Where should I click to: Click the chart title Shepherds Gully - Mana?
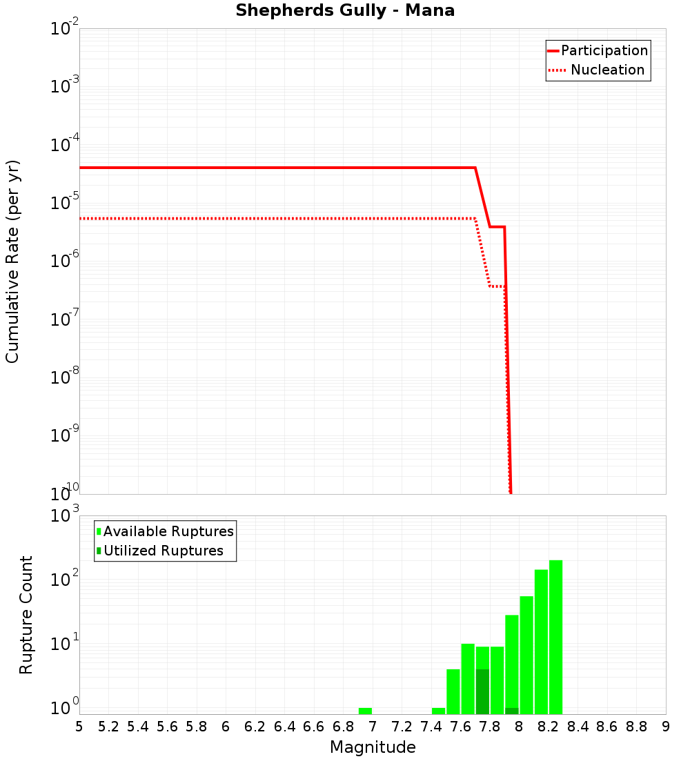click(x=345, y=11)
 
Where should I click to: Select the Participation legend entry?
click(x=604, y=50)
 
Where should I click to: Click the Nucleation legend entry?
click(x=607, y=70)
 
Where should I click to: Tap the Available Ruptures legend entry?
click(x=168, y=531)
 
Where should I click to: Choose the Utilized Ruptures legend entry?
click(x=163, y=551)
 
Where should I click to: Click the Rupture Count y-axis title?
click(x=26, y=615)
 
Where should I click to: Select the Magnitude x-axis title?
click(x=373, y=747)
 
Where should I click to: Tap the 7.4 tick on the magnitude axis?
click(x=431, y=727)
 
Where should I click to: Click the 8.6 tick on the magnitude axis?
click(x=607, y=727)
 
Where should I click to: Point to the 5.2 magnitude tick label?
click(x=109, y=727)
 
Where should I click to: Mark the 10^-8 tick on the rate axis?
click(x=63, y=377)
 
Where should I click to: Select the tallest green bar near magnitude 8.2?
click(x=555, y=635)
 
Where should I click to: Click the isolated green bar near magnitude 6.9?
click(x=365, y=711)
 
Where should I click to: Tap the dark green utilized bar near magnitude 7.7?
click(x=482, y=691)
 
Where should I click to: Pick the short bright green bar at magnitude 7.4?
click(x=438, y=711)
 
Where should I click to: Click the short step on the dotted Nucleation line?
click(x=497, y=286)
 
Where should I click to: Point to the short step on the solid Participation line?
click(x=497, y=226)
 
